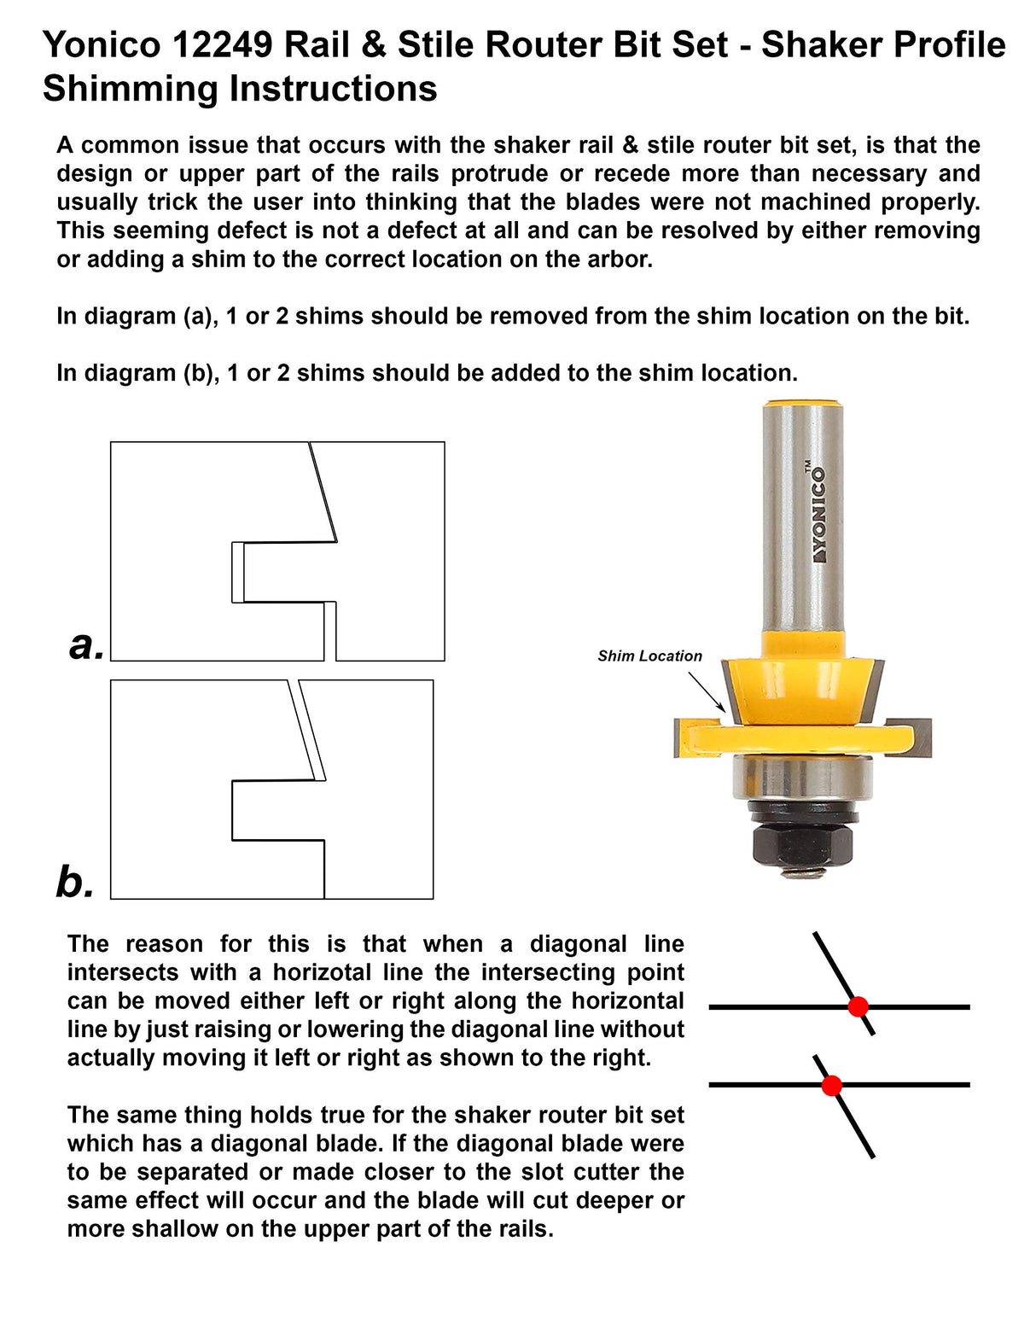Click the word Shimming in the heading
pos(124,89)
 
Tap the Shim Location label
pos(649,656)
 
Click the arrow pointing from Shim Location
pos(706,691)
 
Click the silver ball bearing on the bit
pos(802,777)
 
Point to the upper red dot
pos(858,1006)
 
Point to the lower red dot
pos(831,1086)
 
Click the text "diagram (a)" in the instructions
pos(141,317)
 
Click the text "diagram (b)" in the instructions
pos(141,374)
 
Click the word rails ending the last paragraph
pos(524,1229)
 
